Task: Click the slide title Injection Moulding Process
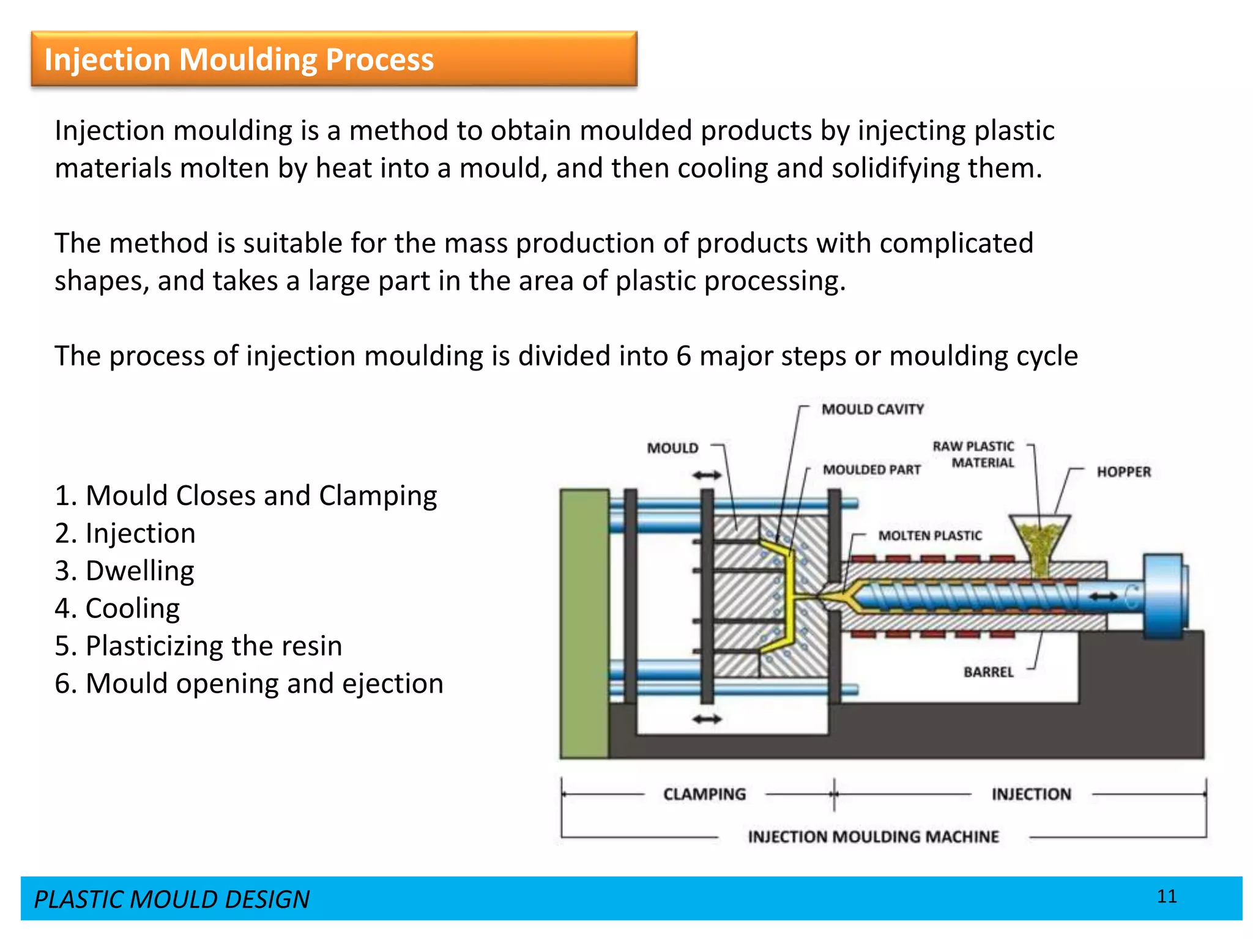click(x=239, y=59)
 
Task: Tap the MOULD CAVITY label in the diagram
click(x=872, y=409)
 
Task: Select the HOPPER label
click(x=1123, y=472)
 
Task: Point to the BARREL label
click(x=988, y=672)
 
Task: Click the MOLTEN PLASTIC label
click(x=929, y=536)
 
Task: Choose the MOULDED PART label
click(x=871, y=469)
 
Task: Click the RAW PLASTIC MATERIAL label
click(x=973, y=454)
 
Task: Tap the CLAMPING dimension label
click(x=704, y=794)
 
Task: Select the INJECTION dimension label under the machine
click(x=1031, y=794)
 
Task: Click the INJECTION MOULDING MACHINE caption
click(x=873, y=836)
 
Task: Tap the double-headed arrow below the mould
click(x=707, y=720)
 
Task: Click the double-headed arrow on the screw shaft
click(x=1104, y=596)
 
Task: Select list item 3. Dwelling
click(x=124, y=570)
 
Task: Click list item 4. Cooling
click(x=117, y=608)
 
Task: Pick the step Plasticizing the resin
click(x=198, y=646)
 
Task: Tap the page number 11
click(x=1167, y=896)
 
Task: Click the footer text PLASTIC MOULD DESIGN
click(x=171, y=899)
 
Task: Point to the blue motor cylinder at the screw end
click(x=1164, y=596)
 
